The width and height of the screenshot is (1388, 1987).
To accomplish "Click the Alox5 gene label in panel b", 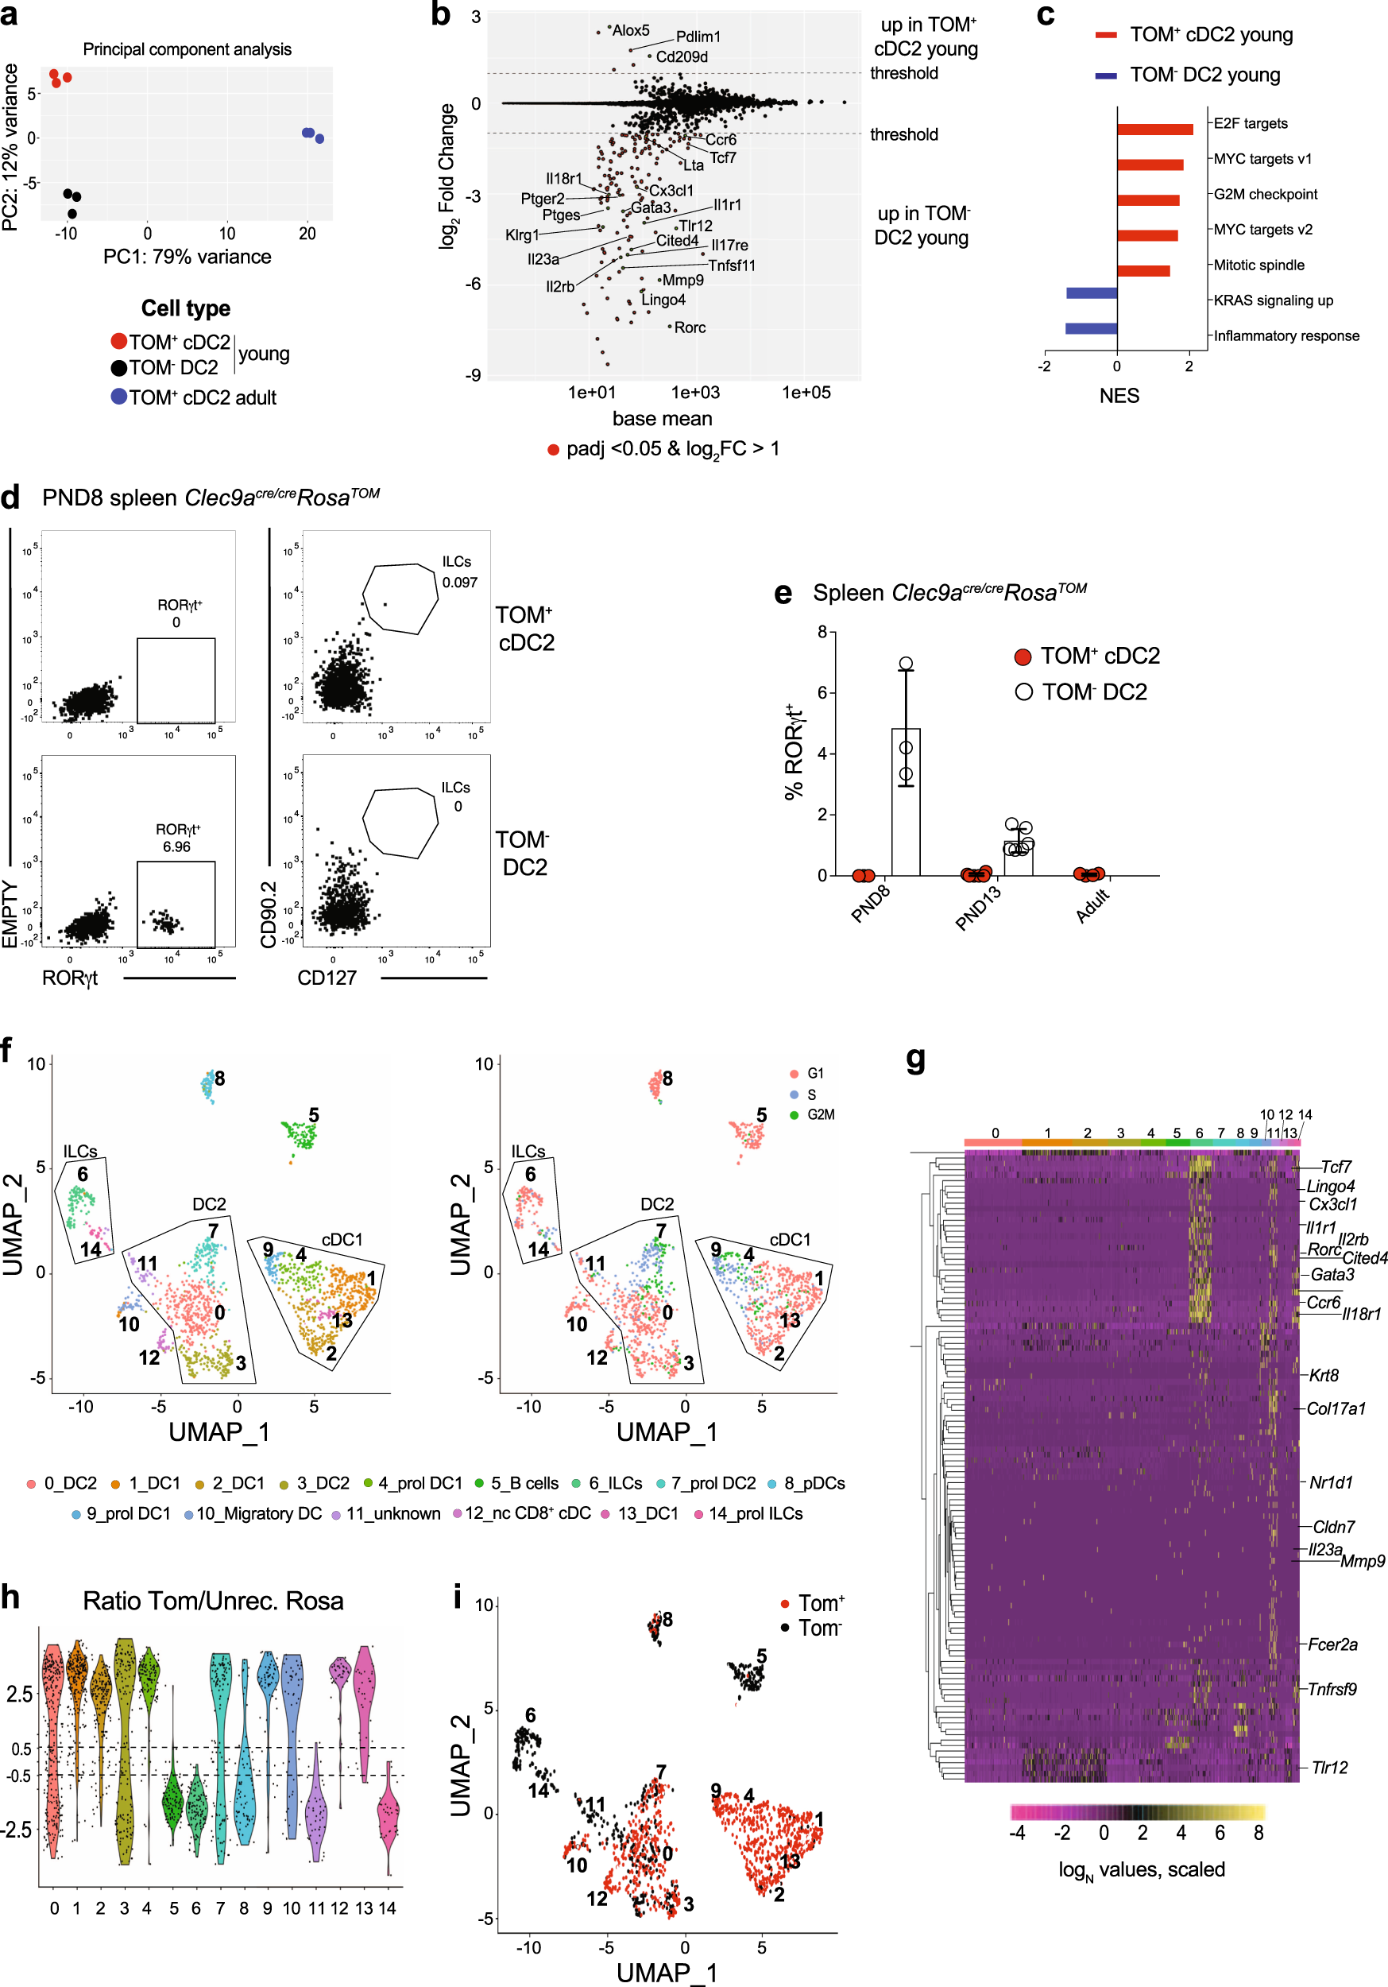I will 631,30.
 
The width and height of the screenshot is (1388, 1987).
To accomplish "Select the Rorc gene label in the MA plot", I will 690,327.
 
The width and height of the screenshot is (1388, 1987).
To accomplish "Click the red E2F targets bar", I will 1154,129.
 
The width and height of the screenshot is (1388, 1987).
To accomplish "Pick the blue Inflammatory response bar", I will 1090,328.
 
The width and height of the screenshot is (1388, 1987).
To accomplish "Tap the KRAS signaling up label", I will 1273,300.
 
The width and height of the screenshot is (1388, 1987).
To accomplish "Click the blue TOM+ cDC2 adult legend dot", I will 119,397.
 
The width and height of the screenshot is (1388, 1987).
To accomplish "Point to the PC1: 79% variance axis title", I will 187,257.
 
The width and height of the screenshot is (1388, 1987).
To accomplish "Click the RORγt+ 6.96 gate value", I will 176,846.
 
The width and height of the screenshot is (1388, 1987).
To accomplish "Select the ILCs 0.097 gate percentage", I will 459,583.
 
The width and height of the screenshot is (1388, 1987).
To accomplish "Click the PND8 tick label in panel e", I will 870,904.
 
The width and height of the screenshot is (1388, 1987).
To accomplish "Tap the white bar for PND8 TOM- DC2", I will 905,801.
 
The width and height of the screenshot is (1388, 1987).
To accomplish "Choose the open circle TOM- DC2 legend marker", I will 1023,691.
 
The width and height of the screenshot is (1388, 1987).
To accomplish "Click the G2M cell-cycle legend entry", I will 819,1114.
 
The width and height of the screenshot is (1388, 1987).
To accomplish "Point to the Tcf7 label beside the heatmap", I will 1336,1167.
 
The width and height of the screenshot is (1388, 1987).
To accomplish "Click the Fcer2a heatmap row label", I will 1332,1644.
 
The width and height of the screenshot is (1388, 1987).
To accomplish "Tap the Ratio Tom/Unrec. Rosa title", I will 213,1601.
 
